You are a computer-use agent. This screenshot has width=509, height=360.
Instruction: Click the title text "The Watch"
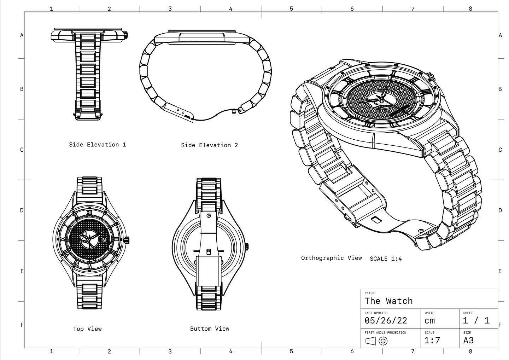click(x=388, y=301)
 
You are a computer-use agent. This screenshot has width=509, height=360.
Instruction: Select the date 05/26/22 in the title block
click(x=386, y=321)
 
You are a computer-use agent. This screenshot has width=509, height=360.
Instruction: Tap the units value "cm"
click(x=429, y=321)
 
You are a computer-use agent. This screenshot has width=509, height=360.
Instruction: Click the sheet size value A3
click(x=468, y=341)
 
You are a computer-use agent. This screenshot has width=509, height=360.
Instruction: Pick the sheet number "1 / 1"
click(x=476, y=321)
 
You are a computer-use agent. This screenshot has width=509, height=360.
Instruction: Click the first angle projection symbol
click(x=376, y=341)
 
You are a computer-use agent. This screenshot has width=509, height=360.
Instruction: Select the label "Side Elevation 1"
click(x=97, y=145)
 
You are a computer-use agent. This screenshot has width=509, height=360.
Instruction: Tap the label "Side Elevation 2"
click(x=209, y=145)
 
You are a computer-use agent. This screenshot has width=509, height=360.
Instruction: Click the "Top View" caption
click(x=87, y=329)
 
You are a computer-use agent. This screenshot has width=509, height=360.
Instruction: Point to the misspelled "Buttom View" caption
click(x=210, y=329)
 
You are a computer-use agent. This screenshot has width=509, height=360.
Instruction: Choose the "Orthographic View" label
click(x=331, y=258)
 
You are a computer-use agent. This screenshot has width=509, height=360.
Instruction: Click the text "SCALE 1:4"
click(x=386, y=259)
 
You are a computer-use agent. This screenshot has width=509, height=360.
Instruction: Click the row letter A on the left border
click(x=22, y=35)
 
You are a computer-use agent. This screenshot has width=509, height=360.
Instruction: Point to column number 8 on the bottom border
click(x=470, y=351)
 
